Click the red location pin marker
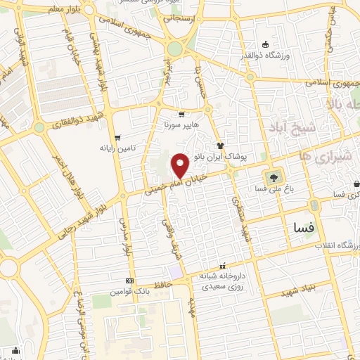click(181, 165)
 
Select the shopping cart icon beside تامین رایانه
click(116, 137)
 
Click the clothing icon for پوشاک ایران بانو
click(220, 147)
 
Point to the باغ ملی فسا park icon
click(271, 176)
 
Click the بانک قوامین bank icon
click(128, 280)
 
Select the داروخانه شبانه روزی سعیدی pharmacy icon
click(222, 266)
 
